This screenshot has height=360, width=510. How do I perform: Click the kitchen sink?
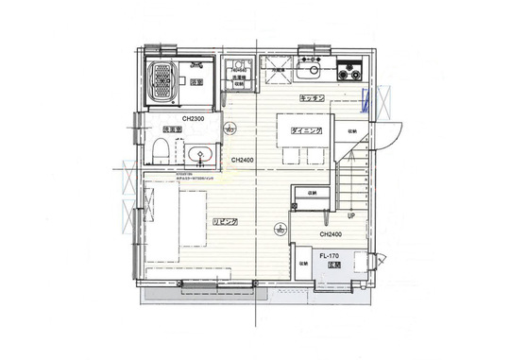pos(309,70)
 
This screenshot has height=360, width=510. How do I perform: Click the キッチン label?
pos(313,97)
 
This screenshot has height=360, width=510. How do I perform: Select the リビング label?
pos(224,222)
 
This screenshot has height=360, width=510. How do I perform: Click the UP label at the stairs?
pos(350,214)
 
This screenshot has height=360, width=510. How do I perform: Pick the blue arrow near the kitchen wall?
pos(365,95)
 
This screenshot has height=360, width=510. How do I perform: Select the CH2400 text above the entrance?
pos(330,233)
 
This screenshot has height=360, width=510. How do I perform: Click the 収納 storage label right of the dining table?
pos(351,131)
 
